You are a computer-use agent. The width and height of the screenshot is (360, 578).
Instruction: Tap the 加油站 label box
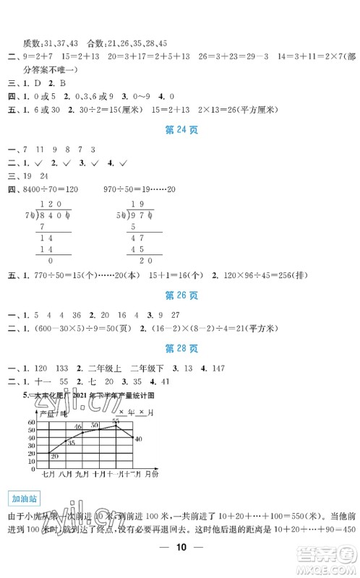[x=22, y=498]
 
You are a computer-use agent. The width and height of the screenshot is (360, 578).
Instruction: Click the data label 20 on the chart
[x=54, y=457]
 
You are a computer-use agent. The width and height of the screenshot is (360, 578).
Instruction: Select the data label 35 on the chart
[x=71, y=441]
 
